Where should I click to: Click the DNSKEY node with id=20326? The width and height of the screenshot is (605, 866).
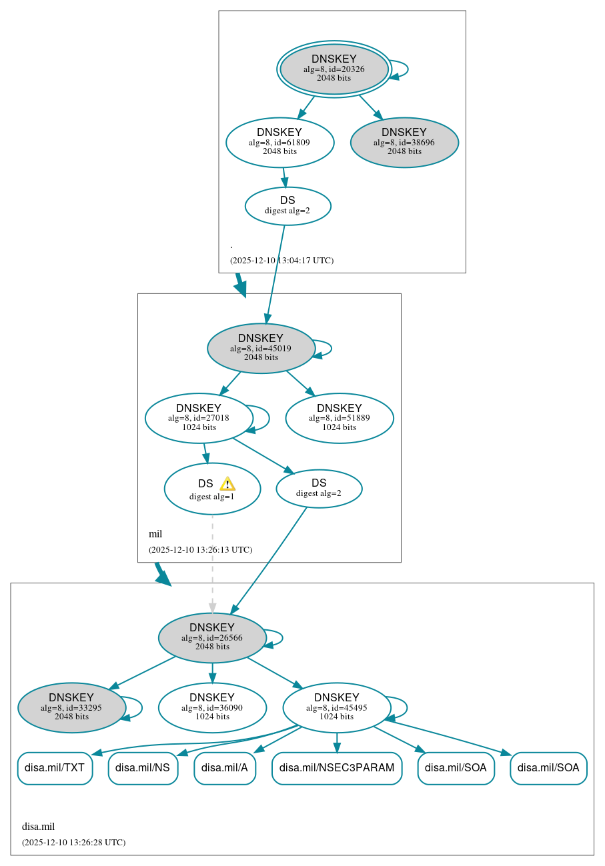coord(334,69)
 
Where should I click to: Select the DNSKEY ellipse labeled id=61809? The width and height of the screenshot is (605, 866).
coord(279,142)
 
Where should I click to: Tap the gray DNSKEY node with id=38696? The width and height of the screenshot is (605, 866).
coord(404,142)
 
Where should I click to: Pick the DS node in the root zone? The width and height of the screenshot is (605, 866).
coord(287,206)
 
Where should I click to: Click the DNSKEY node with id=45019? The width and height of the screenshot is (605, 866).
coord(261,348)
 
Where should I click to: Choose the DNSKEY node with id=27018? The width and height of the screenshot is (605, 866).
coord(199,418)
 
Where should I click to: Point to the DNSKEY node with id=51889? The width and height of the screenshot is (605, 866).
coord(339,418)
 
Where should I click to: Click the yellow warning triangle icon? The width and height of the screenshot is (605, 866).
coord(227,484)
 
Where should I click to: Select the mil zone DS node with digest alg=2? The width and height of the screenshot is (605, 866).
coord(319,489)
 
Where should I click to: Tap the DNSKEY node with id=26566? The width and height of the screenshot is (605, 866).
coord(212,637)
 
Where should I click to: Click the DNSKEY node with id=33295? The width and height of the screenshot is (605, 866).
coord(71,707)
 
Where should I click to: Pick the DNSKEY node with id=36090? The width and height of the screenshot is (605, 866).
coord(212,707)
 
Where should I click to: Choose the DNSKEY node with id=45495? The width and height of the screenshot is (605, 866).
coord(336,707)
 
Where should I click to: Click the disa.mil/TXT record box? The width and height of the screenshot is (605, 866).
coord(55,768)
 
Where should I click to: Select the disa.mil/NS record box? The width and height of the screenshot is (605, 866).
coord(143,768)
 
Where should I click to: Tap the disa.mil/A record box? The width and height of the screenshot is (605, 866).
coord(225,768)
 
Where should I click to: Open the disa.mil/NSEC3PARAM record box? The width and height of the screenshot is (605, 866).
coord(337,768)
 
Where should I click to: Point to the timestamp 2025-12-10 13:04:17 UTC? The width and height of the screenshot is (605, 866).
coord(281,261)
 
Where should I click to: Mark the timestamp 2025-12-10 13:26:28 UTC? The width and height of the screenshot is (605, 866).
coord(73,843)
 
